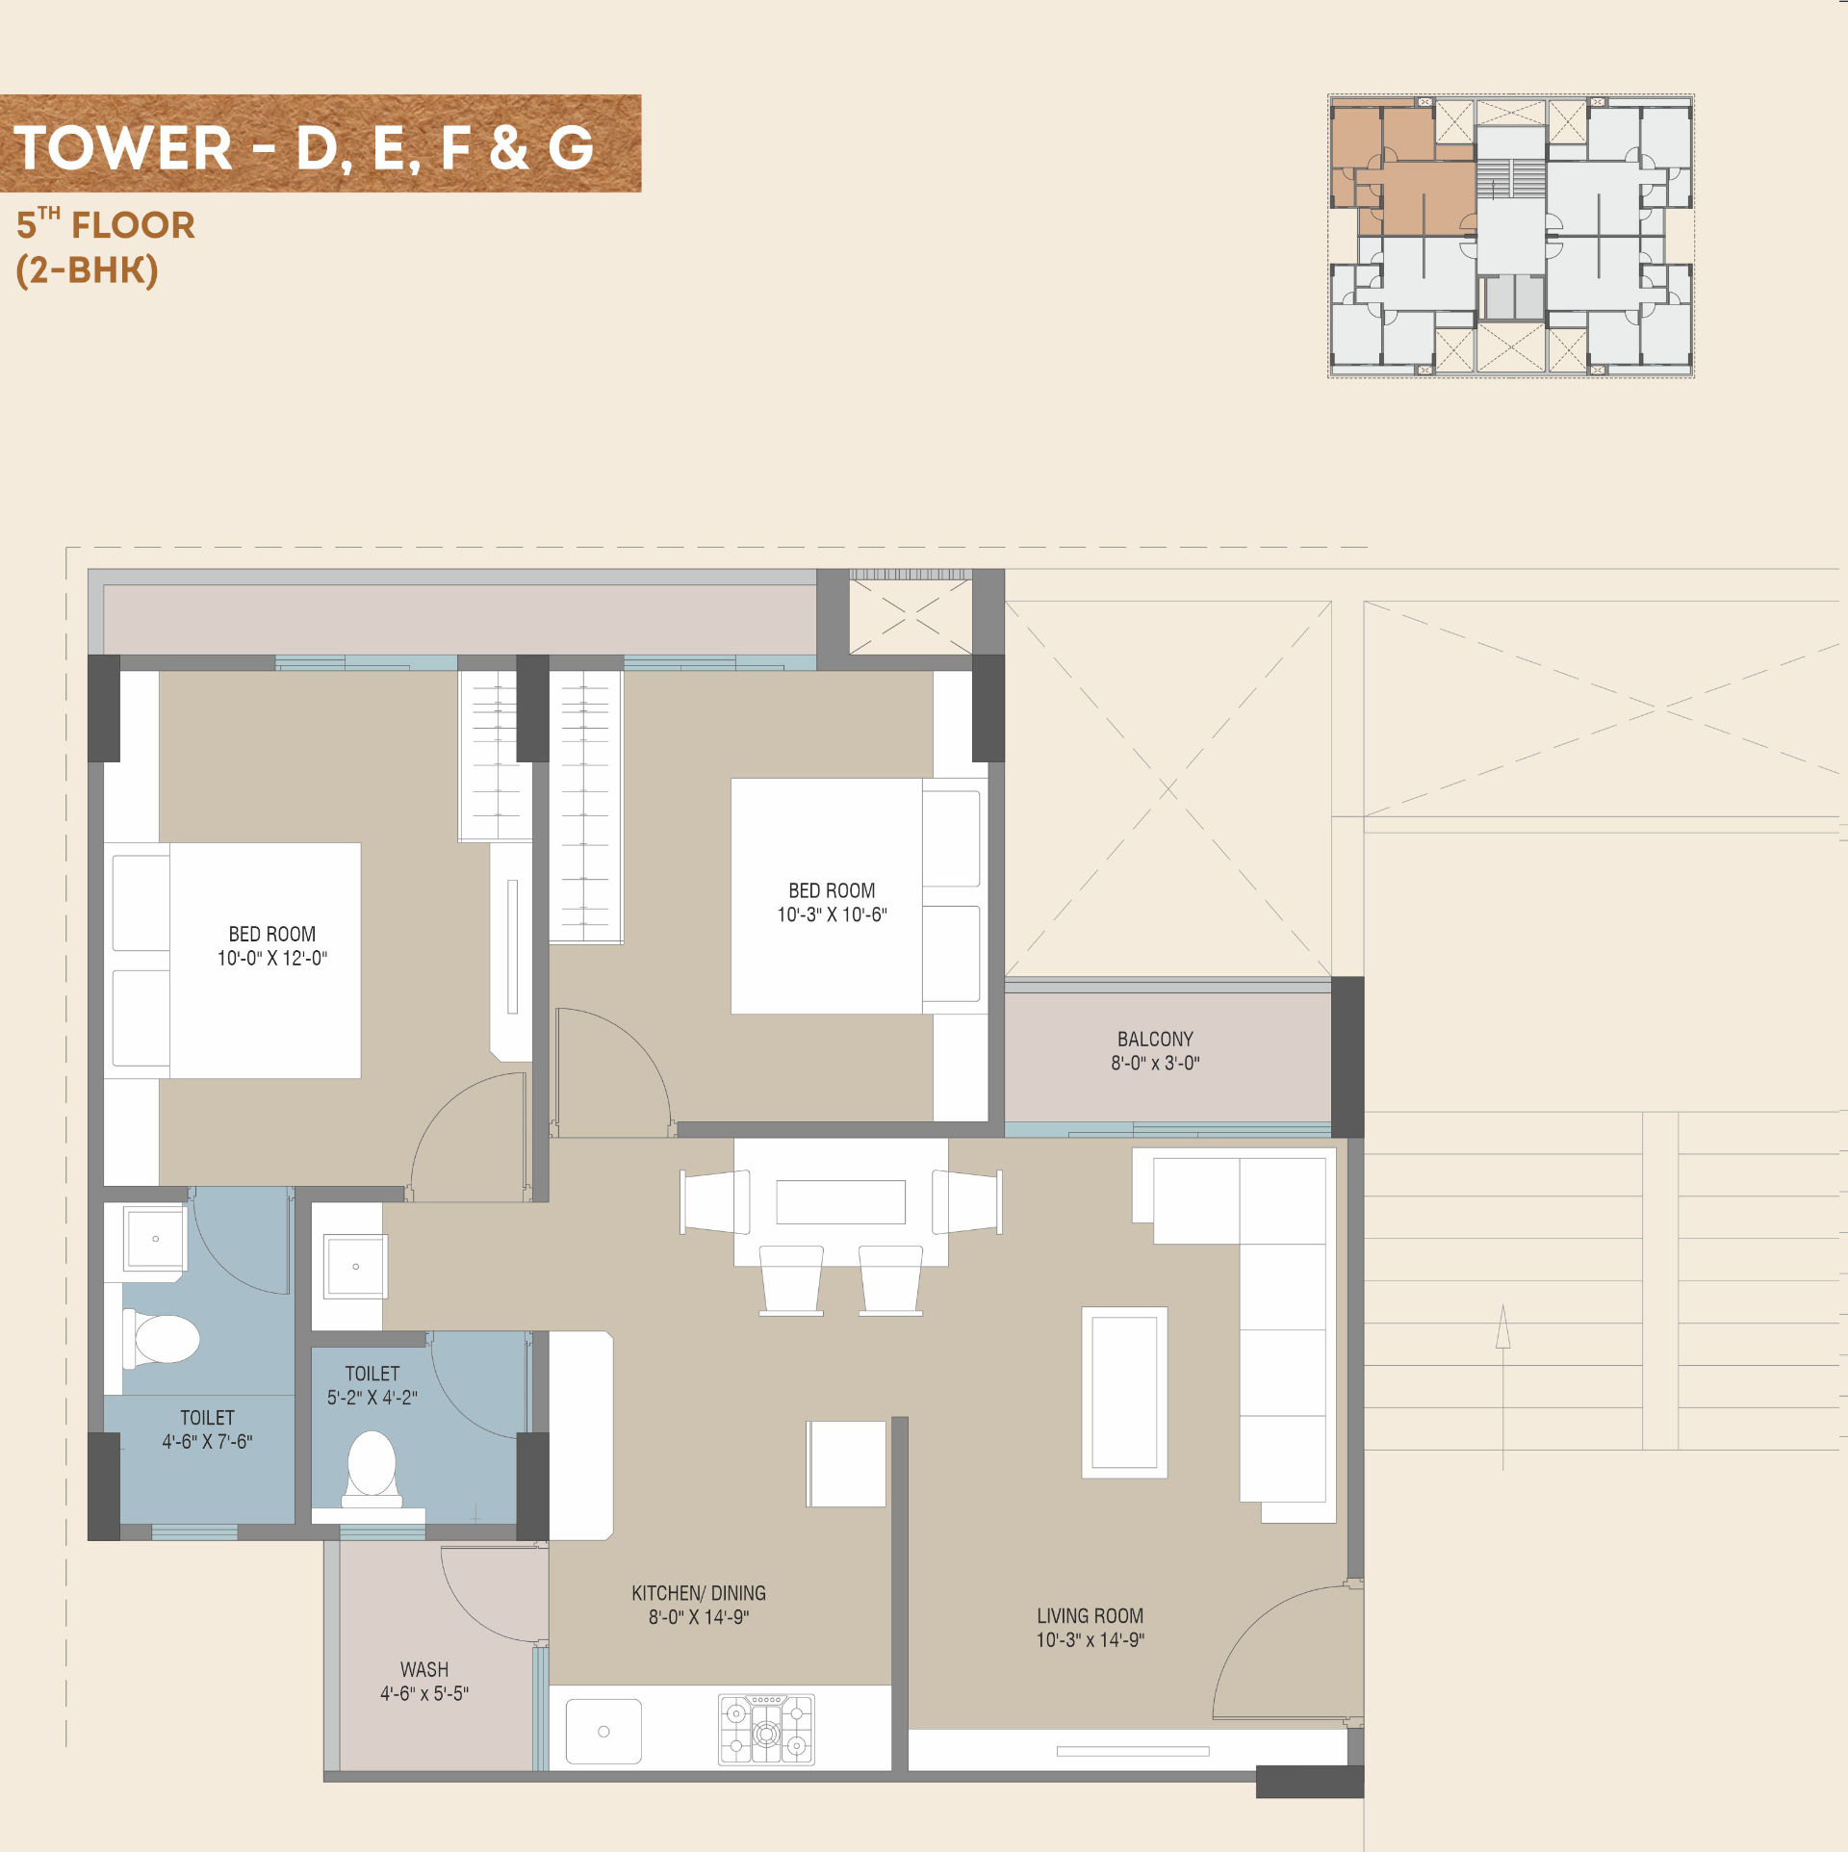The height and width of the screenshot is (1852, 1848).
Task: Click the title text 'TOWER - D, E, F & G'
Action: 304,148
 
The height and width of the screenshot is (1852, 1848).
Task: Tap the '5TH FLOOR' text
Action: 106,224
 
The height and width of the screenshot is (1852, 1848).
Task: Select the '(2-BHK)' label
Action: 87,270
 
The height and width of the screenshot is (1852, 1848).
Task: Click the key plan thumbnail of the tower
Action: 1510,236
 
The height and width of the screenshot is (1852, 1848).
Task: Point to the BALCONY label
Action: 1155,1039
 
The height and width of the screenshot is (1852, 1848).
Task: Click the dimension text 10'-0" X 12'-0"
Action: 272,958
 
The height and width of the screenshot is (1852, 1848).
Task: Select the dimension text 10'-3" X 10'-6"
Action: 833,914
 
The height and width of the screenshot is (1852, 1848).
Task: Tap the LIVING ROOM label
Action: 1090,1616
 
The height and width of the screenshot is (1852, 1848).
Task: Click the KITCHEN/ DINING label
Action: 699,1593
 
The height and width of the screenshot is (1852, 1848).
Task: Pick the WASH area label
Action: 424,1669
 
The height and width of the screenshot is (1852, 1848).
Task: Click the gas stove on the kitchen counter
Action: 766,1730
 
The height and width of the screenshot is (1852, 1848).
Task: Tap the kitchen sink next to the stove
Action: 603,1731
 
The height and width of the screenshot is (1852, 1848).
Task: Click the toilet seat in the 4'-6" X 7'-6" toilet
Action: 162,1339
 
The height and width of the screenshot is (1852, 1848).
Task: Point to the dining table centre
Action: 840,1201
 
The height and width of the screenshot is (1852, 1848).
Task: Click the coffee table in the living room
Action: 1124,1392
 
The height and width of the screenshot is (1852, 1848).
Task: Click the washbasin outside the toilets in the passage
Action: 355,1266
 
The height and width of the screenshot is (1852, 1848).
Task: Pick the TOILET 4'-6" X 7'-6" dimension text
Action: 207,1441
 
